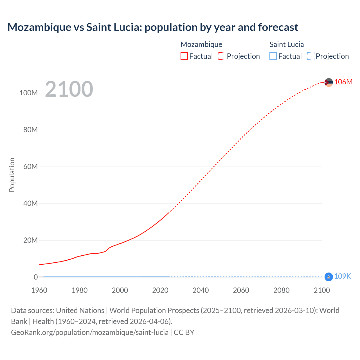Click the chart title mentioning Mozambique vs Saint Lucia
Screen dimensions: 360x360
(x=153, y=27)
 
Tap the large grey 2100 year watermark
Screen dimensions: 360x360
(x=69, y=89)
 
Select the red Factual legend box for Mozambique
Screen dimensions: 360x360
(x=184, y=56)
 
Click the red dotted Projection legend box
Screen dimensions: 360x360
(x=222, y=56)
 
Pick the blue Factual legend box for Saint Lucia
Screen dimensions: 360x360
(x=273, y=56)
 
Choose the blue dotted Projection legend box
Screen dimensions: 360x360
(x=310, y=56)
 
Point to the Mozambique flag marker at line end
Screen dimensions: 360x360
(x=328, y=82)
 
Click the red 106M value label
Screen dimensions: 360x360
(x=343, y=82)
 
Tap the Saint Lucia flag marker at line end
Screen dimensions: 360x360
(x=328, y=277)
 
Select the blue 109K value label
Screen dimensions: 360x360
(x=343, y=276)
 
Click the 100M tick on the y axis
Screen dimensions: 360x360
(x=28, y=93)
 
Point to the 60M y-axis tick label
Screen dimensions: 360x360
(x=30, y=166)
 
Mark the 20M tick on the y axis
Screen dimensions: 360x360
(x=30, y=240)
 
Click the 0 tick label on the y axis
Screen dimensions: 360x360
(x=36, y=277)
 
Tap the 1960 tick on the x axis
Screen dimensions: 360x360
(x=39, y=290)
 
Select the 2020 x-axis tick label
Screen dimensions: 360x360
(x=160, y=290)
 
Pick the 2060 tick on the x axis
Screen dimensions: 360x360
(x=241, y=290)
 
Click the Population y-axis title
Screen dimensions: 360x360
(x=12, y=175)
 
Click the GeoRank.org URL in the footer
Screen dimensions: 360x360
(x=90, y=332)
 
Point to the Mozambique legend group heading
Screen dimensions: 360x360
(x=201, y=44)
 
